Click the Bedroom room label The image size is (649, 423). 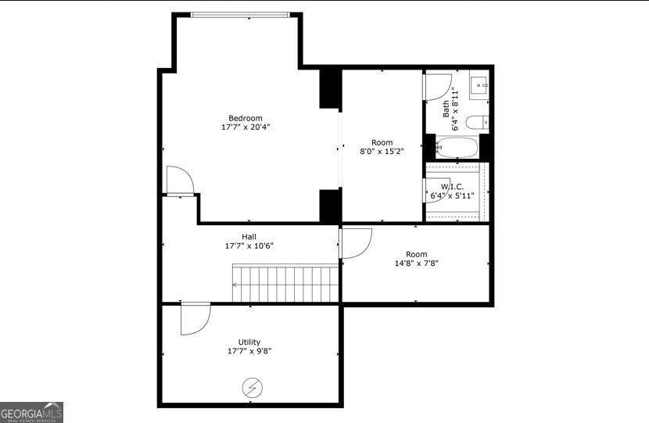(246, 118)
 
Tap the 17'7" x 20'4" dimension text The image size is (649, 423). (246, 127)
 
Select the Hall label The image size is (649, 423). (249, 237)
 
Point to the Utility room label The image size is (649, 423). (249, 342)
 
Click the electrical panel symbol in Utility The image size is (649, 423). (253, 388)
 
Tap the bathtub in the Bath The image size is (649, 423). (457, 148)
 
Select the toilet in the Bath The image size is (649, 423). (477, 123)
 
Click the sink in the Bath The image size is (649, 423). (479, 85)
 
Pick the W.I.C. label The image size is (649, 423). (452, 187)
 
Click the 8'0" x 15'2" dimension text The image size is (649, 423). (382, 152)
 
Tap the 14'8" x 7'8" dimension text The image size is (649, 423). (417, 263)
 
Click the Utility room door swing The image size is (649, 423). (195, 319)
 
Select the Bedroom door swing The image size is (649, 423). (180, 180)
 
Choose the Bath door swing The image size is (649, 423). (437, 87)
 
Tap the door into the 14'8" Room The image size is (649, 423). (355, 243)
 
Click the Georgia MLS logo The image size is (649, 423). (31, 412)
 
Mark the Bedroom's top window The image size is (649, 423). (241, 15)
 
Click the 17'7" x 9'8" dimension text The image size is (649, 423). (249, 351)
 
